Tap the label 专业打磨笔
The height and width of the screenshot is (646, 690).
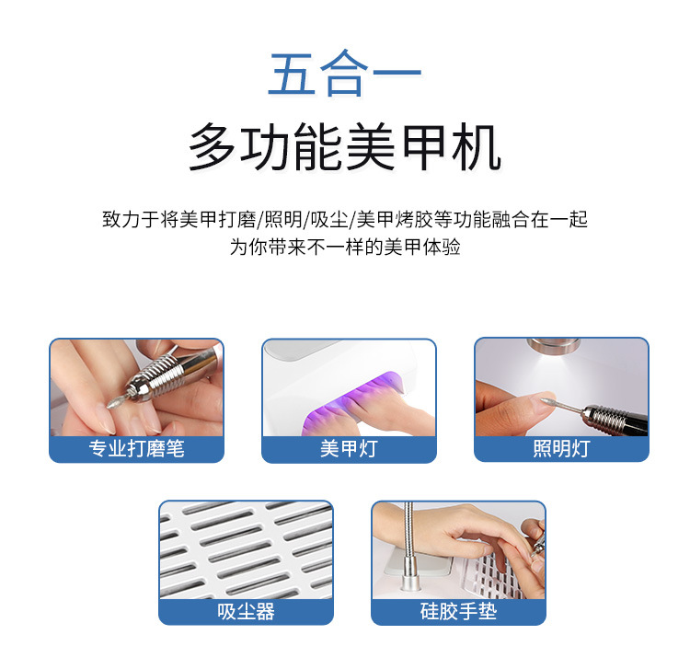(x=136, y=449)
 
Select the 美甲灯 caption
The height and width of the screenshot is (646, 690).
(x=349, y=449)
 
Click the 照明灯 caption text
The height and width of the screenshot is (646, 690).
(x=561, y=449)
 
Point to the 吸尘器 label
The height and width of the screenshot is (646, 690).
(x=246, y=612)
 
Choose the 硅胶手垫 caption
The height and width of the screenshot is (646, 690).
(x=458, y=612)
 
